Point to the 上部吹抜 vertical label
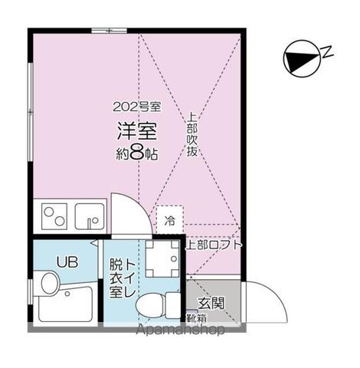point(191,136)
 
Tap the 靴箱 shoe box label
point(195,317)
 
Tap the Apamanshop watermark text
point(180,331)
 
